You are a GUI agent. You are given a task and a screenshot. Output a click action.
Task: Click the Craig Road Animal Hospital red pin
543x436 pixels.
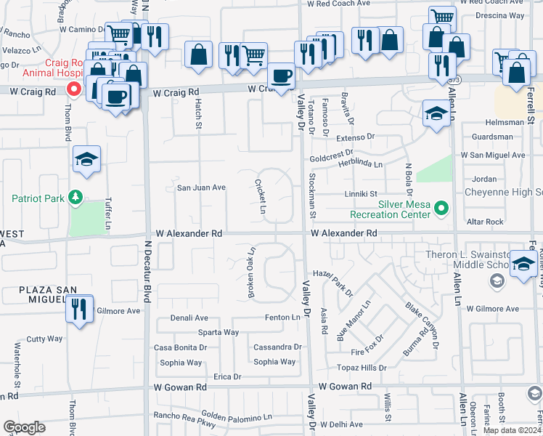tap(73, 89)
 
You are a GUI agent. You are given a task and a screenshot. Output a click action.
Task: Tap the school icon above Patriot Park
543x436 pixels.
tap(86, 160)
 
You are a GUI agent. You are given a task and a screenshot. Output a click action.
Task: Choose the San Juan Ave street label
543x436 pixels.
tap(201, 187)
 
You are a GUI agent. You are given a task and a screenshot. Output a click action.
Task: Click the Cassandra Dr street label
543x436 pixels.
tap(277, 347)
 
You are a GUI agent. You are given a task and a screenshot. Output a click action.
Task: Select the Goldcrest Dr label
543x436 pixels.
tap(331, 157)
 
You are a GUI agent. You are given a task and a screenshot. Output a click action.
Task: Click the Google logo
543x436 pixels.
tap(23, 427)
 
